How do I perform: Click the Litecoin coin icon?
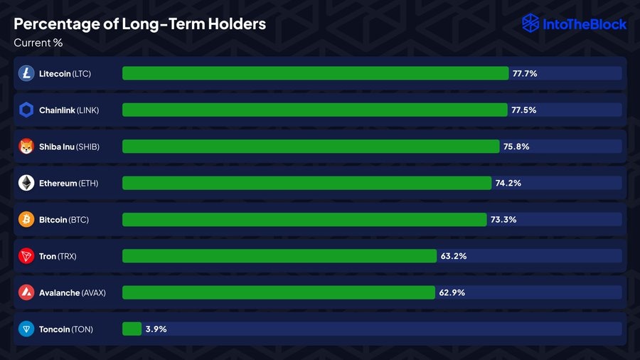pos(26,73)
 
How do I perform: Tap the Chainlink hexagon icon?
pos(26,110)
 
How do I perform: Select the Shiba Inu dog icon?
pos(26,147)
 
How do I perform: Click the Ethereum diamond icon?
pos(26,183)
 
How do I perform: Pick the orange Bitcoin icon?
pos(26,219)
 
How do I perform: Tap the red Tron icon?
pos(26,256)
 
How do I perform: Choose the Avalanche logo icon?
pos(26,292)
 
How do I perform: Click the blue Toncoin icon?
pos(26,329)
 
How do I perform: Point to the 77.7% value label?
pos(524,73)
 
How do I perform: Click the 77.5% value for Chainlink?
pos(523,110)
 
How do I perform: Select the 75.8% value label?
pos(516,147)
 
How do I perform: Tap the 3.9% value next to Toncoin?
pos(156,329)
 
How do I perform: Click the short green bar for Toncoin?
pos(132,329)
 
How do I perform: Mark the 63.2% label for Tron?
pos(454,256)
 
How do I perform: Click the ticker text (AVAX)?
pos(93,292)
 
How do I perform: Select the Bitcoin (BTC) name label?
pos(64,220)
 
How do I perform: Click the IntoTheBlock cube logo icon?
pos(530,23)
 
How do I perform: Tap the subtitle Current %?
pos(38,43)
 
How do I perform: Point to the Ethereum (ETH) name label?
pos(68,184)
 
